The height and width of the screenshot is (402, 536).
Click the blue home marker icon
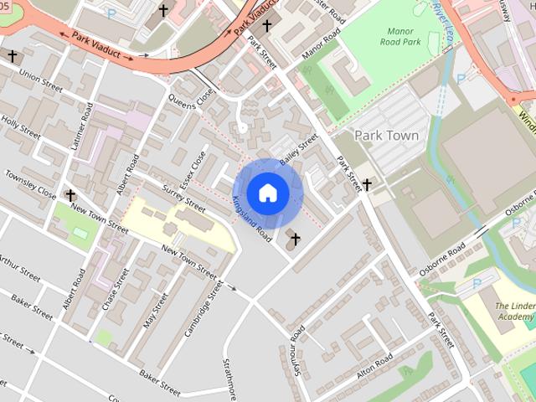[x=268, y=192]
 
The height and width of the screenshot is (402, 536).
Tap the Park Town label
[x=385, y=135]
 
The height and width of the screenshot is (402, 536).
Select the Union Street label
[x=42, y=81]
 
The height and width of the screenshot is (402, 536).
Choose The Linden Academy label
[x=514, y=312]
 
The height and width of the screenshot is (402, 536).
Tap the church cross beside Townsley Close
[x=70, y=195]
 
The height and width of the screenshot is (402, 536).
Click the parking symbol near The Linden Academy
[x=477, y=284]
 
